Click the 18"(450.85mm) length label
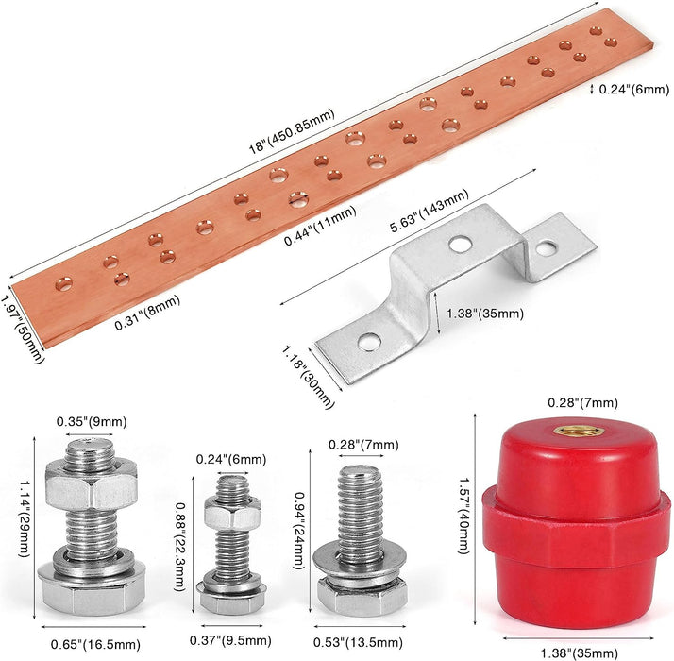pyautogui.click(x=292, y=130)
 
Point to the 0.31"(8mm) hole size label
pyautogui.click(x=147, y=313)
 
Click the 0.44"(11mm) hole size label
pyautogui.click(x=320, y=226)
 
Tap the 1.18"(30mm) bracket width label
pyautogui.click(x=308, y=377)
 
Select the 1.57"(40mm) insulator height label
pyautogui.click(x=463, y=516)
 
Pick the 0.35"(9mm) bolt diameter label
pyautogui.click(x=92, y=422)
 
